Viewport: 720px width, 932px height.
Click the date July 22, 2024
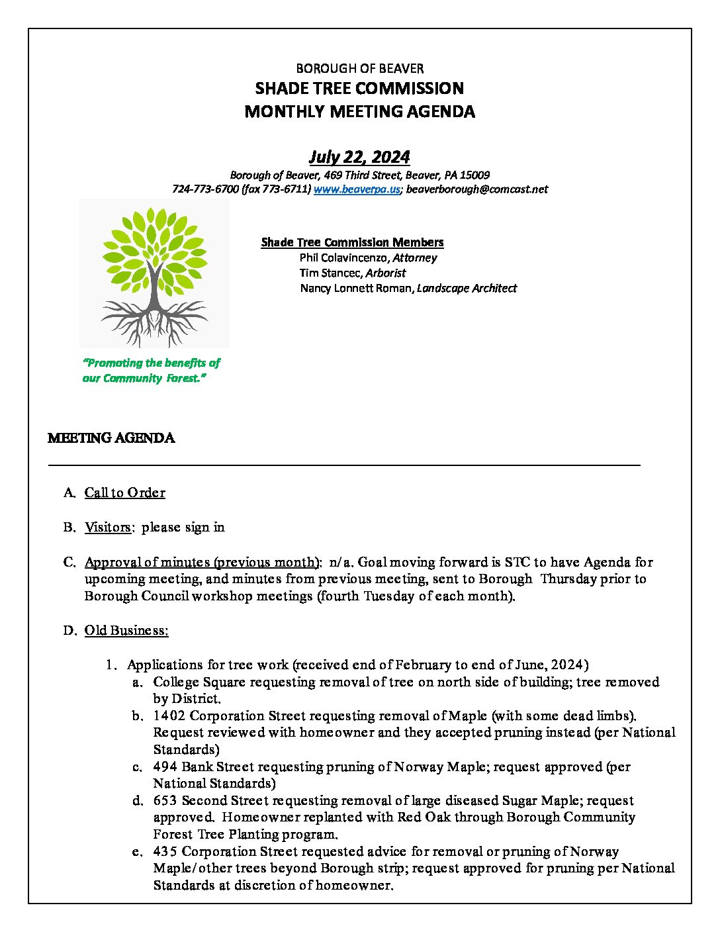tap(359, 157)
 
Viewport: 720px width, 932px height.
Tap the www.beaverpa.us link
tap(357, 189)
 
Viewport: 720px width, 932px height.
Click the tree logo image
tap(154, 273)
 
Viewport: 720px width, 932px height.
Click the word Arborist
tap(386, 273)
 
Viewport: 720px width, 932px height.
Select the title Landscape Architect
tap(467, 288)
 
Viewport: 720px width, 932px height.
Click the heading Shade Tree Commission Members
tap(352, 242)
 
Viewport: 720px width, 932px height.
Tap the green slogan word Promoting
tap(114, 363)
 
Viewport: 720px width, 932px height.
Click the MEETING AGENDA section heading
tap(111, 438)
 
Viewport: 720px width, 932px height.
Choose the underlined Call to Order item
tap(124, 492)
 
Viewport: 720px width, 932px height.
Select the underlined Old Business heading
tap(126, 630)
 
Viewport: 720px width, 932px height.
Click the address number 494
tap(165, 767)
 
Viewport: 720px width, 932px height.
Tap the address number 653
tap(165, 800)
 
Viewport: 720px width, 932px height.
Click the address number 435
tap(165, 851)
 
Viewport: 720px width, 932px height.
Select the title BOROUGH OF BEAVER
tap(359, 68)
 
